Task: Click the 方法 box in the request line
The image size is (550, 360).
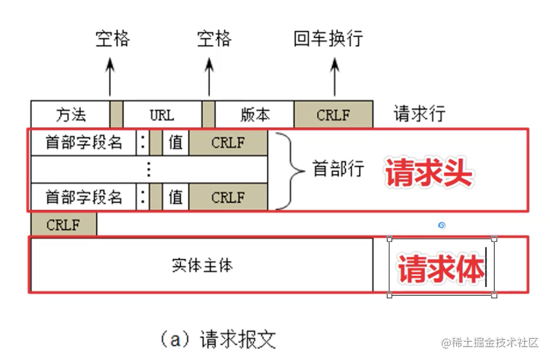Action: pos(70,114)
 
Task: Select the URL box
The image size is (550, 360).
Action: pos(162,114)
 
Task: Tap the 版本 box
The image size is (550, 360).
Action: pos(255,114)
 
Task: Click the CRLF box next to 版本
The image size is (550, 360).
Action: pos(333,114)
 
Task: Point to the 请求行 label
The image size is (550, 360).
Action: pos(419,114)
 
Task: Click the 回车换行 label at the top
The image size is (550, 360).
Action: pos(328,40)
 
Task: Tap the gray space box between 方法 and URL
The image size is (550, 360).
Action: pos(117,114)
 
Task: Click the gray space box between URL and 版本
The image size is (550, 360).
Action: pos(209,114)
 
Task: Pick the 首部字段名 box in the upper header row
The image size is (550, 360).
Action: pos(83,143)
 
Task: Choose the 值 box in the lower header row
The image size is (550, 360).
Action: pos(176,197)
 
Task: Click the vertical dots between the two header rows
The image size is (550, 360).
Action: pos(149,170)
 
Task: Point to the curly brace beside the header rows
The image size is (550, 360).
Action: pos(289,170)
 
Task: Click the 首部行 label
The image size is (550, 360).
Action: pos(338,169)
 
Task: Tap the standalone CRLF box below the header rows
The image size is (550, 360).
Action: pos(63,224)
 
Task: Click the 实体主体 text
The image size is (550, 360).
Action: pos(202,266)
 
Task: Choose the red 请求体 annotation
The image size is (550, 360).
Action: pos(441,268)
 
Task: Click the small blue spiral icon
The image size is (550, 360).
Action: pos(442,226)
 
